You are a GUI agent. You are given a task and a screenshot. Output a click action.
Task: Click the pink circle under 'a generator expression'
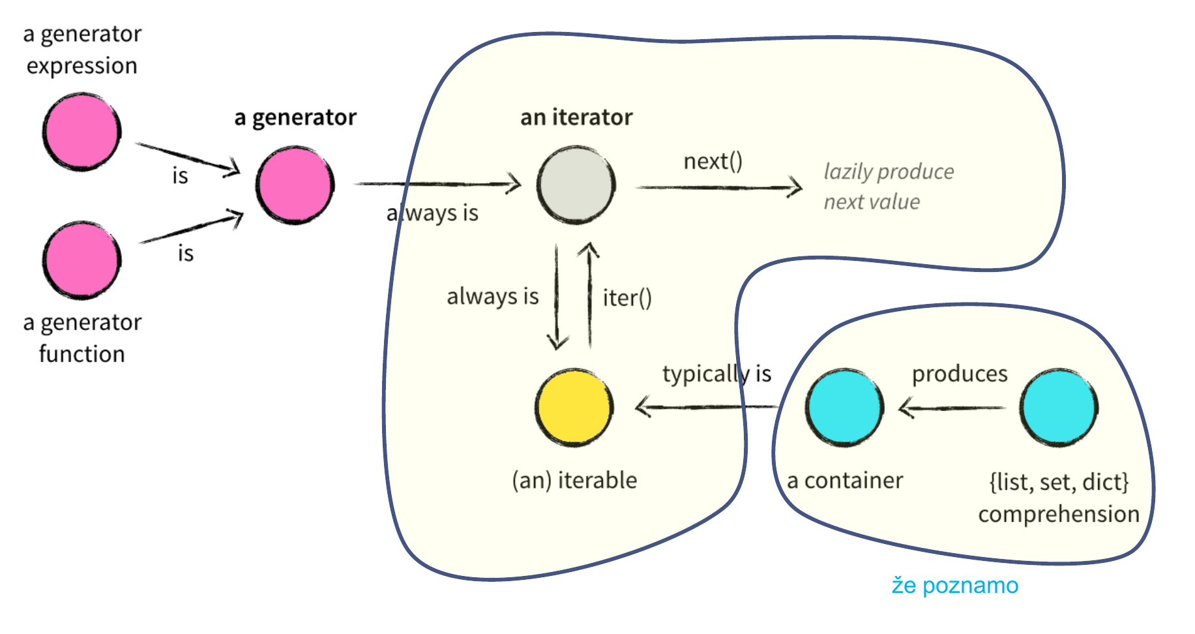[81, 132]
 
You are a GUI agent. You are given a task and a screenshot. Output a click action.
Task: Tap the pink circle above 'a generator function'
[81, 260]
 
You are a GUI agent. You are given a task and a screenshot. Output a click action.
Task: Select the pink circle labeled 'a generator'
[295, 185]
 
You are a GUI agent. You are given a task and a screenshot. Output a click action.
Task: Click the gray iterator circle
[576, 185]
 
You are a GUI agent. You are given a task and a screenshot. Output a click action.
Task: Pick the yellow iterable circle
[574, 408]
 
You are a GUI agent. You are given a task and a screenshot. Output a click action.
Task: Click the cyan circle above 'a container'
[844, 408]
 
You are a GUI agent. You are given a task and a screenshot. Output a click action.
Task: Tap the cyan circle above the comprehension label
[1059, 408]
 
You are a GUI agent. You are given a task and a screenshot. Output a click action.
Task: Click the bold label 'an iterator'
[576, 117]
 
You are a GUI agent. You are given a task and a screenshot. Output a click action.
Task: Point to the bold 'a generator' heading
[295, 117]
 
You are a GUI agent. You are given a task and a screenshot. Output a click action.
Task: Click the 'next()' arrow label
[713, 161]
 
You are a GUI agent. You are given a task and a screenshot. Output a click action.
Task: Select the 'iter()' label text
[627, 298]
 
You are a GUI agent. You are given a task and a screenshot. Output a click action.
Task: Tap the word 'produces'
[960, 374]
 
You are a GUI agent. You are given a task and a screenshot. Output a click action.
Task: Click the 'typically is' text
[716, 374]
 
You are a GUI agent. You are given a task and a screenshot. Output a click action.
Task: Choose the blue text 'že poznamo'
[954, 586]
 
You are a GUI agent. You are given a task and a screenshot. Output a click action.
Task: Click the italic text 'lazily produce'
[889, 172]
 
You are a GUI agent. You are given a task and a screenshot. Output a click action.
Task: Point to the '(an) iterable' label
[574, 481]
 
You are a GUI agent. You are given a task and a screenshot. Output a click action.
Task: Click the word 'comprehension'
[1059, 514]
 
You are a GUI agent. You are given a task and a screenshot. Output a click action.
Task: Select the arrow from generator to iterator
[437, 184]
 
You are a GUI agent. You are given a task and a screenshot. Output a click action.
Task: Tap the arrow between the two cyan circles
[952, 408]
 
